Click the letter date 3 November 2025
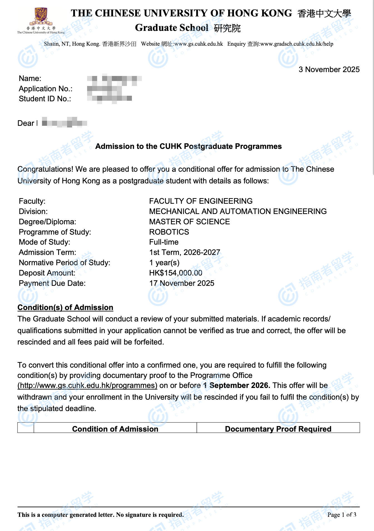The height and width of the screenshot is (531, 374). (329, 70)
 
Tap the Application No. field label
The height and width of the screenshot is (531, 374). (46, 89)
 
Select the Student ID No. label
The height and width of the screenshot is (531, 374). (45, 99)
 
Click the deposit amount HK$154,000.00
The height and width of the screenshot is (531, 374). (176, 273)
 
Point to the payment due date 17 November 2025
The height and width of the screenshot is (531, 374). (182, 283)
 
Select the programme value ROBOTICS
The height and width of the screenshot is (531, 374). (169, 232)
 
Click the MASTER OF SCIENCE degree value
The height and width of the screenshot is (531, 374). (190, 222)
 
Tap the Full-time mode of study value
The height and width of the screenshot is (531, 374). (164, 242)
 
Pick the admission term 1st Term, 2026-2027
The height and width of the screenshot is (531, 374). (184, 252)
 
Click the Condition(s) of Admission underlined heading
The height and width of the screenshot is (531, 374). (65, 308)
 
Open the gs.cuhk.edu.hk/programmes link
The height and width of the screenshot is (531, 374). (87, 385)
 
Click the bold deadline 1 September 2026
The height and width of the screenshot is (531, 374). (237, 385)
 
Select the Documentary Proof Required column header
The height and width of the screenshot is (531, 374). (278, 429)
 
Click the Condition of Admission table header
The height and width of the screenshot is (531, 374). (115, 429)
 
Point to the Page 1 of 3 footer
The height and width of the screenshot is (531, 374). (342, 515)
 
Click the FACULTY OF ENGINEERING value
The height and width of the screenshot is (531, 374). (201, 201)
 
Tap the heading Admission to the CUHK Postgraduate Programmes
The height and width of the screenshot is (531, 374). (188, 146)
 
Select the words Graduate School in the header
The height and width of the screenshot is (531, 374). (171, 28)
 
